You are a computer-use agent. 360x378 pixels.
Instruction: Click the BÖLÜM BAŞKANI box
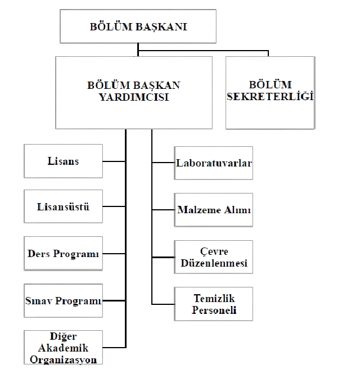point(138,26)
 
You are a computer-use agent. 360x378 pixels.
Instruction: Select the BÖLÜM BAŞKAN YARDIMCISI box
point(134,93)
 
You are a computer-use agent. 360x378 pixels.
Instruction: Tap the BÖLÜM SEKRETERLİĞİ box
point(271,93)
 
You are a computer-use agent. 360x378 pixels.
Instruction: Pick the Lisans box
point(63,161)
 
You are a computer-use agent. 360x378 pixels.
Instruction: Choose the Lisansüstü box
point(63,206)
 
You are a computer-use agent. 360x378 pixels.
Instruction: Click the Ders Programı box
point(63,253)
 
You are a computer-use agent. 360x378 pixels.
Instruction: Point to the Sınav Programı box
point(63,300)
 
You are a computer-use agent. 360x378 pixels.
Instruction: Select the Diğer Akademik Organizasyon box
point(63,348)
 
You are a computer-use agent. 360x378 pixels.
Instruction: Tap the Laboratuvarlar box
point(213,163)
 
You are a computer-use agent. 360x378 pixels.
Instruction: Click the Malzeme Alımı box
point(213,210)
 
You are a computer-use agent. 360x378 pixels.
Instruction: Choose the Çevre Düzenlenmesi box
point(213,257)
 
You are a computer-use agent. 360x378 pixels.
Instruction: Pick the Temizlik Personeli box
point(213,304)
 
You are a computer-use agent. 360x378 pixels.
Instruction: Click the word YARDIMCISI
point(134,97)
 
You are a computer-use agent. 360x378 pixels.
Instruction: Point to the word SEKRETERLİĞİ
point(271,96)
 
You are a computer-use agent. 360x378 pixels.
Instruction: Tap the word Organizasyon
point(63,359)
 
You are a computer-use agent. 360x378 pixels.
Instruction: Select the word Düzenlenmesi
point(214,263)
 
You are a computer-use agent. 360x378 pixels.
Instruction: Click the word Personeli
point(214,310)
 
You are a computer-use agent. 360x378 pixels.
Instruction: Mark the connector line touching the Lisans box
point(114,161)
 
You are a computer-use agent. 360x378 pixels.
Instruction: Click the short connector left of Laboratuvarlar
point(163,163)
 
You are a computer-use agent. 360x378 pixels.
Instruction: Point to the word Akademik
point(63,348)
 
